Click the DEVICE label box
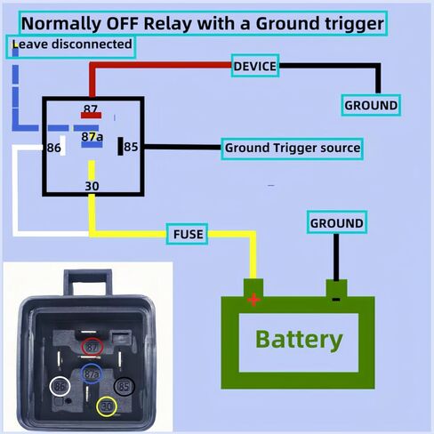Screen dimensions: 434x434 coord(255,66)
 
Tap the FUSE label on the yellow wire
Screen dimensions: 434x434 coord(187,234)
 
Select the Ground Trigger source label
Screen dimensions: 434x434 coord(292,149)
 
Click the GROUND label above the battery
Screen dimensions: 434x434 coord(337,222)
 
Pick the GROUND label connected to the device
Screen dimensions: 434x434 coord(371,105)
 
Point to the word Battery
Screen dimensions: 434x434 coord(299,340)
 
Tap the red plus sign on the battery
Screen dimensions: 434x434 coord(253,300)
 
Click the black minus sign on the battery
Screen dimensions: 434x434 coord(336,300)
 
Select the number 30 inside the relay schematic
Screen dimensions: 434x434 coord(92,186)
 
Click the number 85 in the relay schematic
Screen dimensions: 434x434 coord(131,147)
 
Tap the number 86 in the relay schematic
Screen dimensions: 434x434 coord(53,148)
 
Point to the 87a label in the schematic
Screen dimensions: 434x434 coord(92,137)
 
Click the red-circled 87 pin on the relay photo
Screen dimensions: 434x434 coord(92,346)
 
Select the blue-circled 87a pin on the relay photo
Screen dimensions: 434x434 coord(92,374)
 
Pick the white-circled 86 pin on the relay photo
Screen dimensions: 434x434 coord(60,386)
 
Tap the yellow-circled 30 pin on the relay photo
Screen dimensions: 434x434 coord(107,406)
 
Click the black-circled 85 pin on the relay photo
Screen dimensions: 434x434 coord(125,386)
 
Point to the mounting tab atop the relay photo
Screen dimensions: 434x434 coord(88,282)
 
